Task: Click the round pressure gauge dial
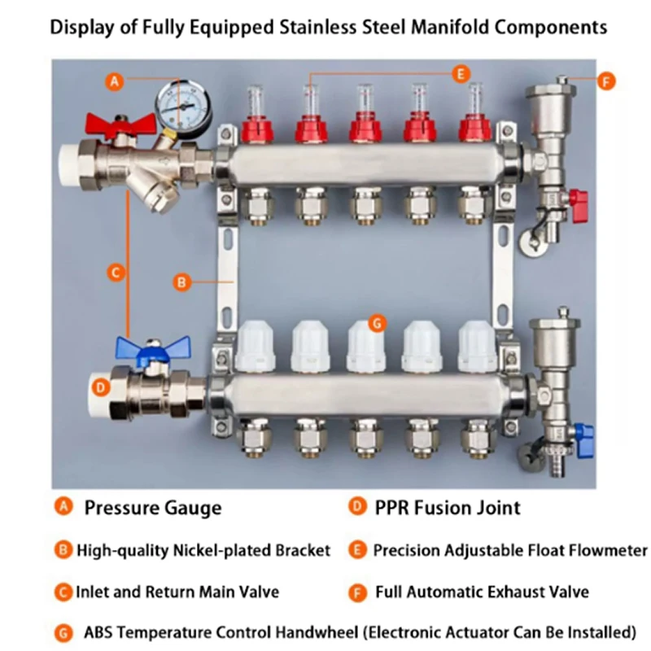pos(183,106)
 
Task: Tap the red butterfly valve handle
pos(120,124)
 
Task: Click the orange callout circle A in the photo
pos(115,81)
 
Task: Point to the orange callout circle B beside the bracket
pos(181,282)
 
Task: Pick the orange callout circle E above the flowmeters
pos(461,74)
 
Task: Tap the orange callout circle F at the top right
pos(606,81)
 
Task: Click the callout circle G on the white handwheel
pos(377,323)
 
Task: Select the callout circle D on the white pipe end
pos(100,388)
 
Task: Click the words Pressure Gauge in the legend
pos(153,508)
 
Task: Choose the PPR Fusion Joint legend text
pos(447,507)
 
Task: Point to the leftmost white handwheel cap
pos(255,346)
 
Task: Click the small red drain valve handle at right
pos(579,206)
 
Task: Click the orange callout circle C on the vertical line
pos(116,273)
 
